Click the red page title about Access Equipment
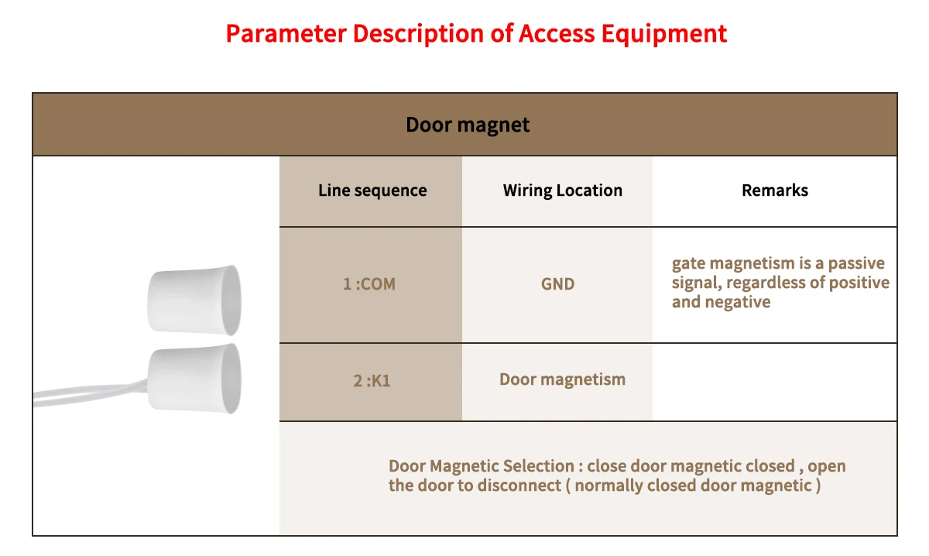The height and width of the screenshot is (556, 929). [476, 34]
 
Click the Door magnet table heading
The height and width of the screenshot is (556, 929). [468, 125]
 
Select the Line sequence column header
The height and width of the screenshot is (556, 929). [372, 190]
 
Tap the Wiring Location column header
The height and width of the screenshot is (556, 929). [562, 190]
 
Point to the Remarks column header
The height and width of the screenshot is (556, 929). [774, 190]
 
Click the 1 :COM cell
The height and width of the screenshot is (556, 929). [369, 284]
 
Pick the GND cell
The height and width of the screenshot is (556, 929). [557, 284]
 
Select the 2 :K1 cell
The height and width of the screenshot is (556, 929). [372, 381]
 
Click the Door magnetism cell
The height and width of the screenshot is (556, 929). [562, 379]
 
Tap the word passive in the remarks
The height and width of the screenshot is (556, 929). [856, 263]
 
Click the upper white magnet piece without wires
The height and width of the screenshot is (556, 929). [194, 300]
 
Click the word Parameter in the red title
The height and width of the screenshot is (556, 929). [285, 34]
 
